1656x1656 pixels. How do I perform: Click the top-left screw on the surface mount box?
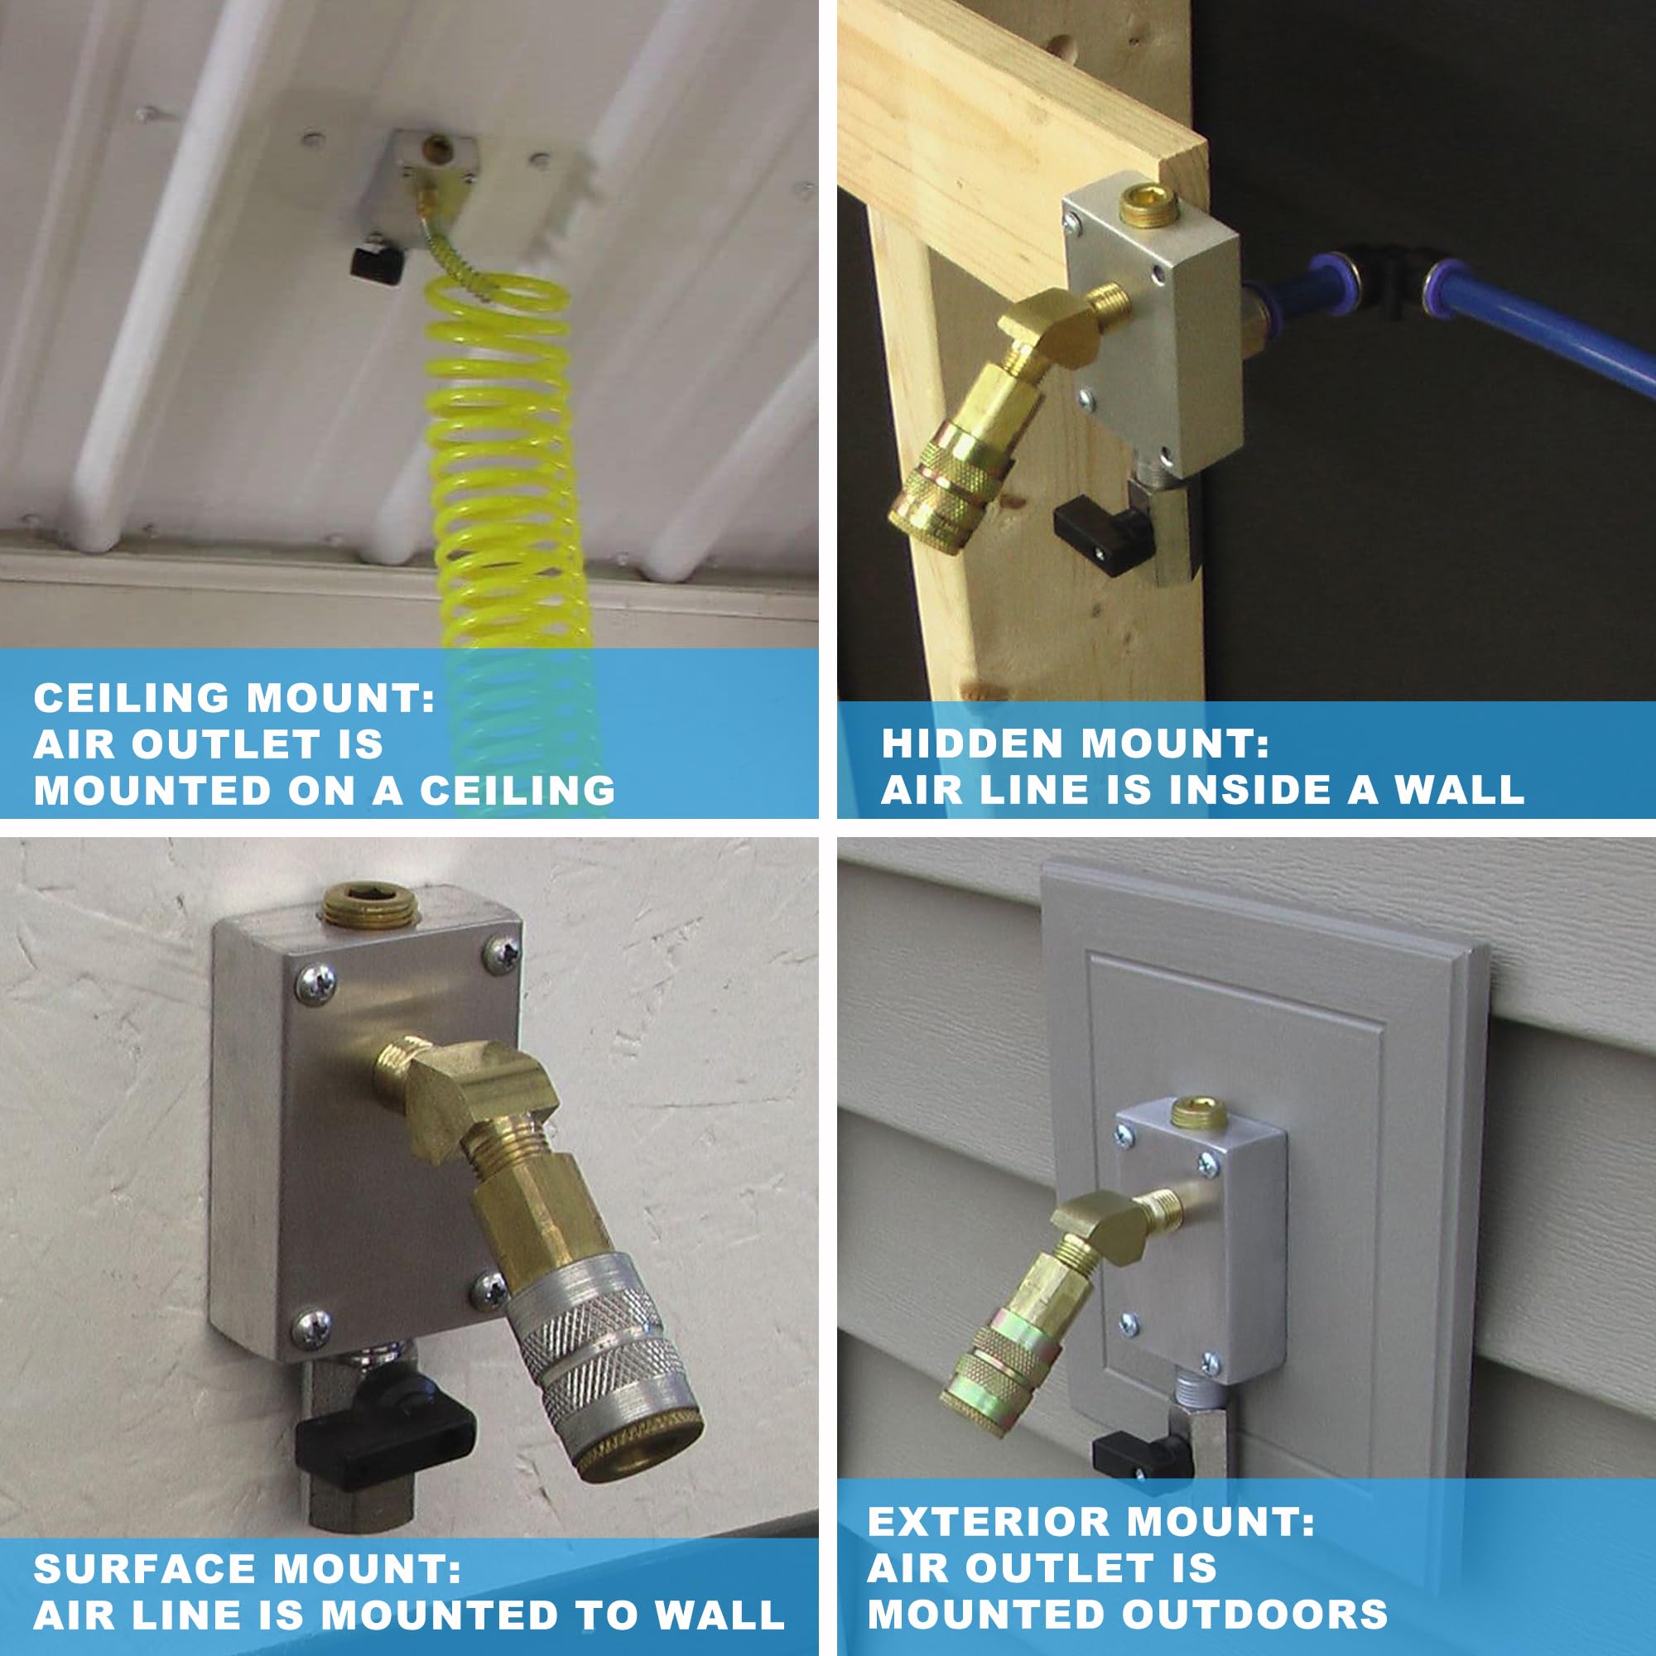click(314, 981)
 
